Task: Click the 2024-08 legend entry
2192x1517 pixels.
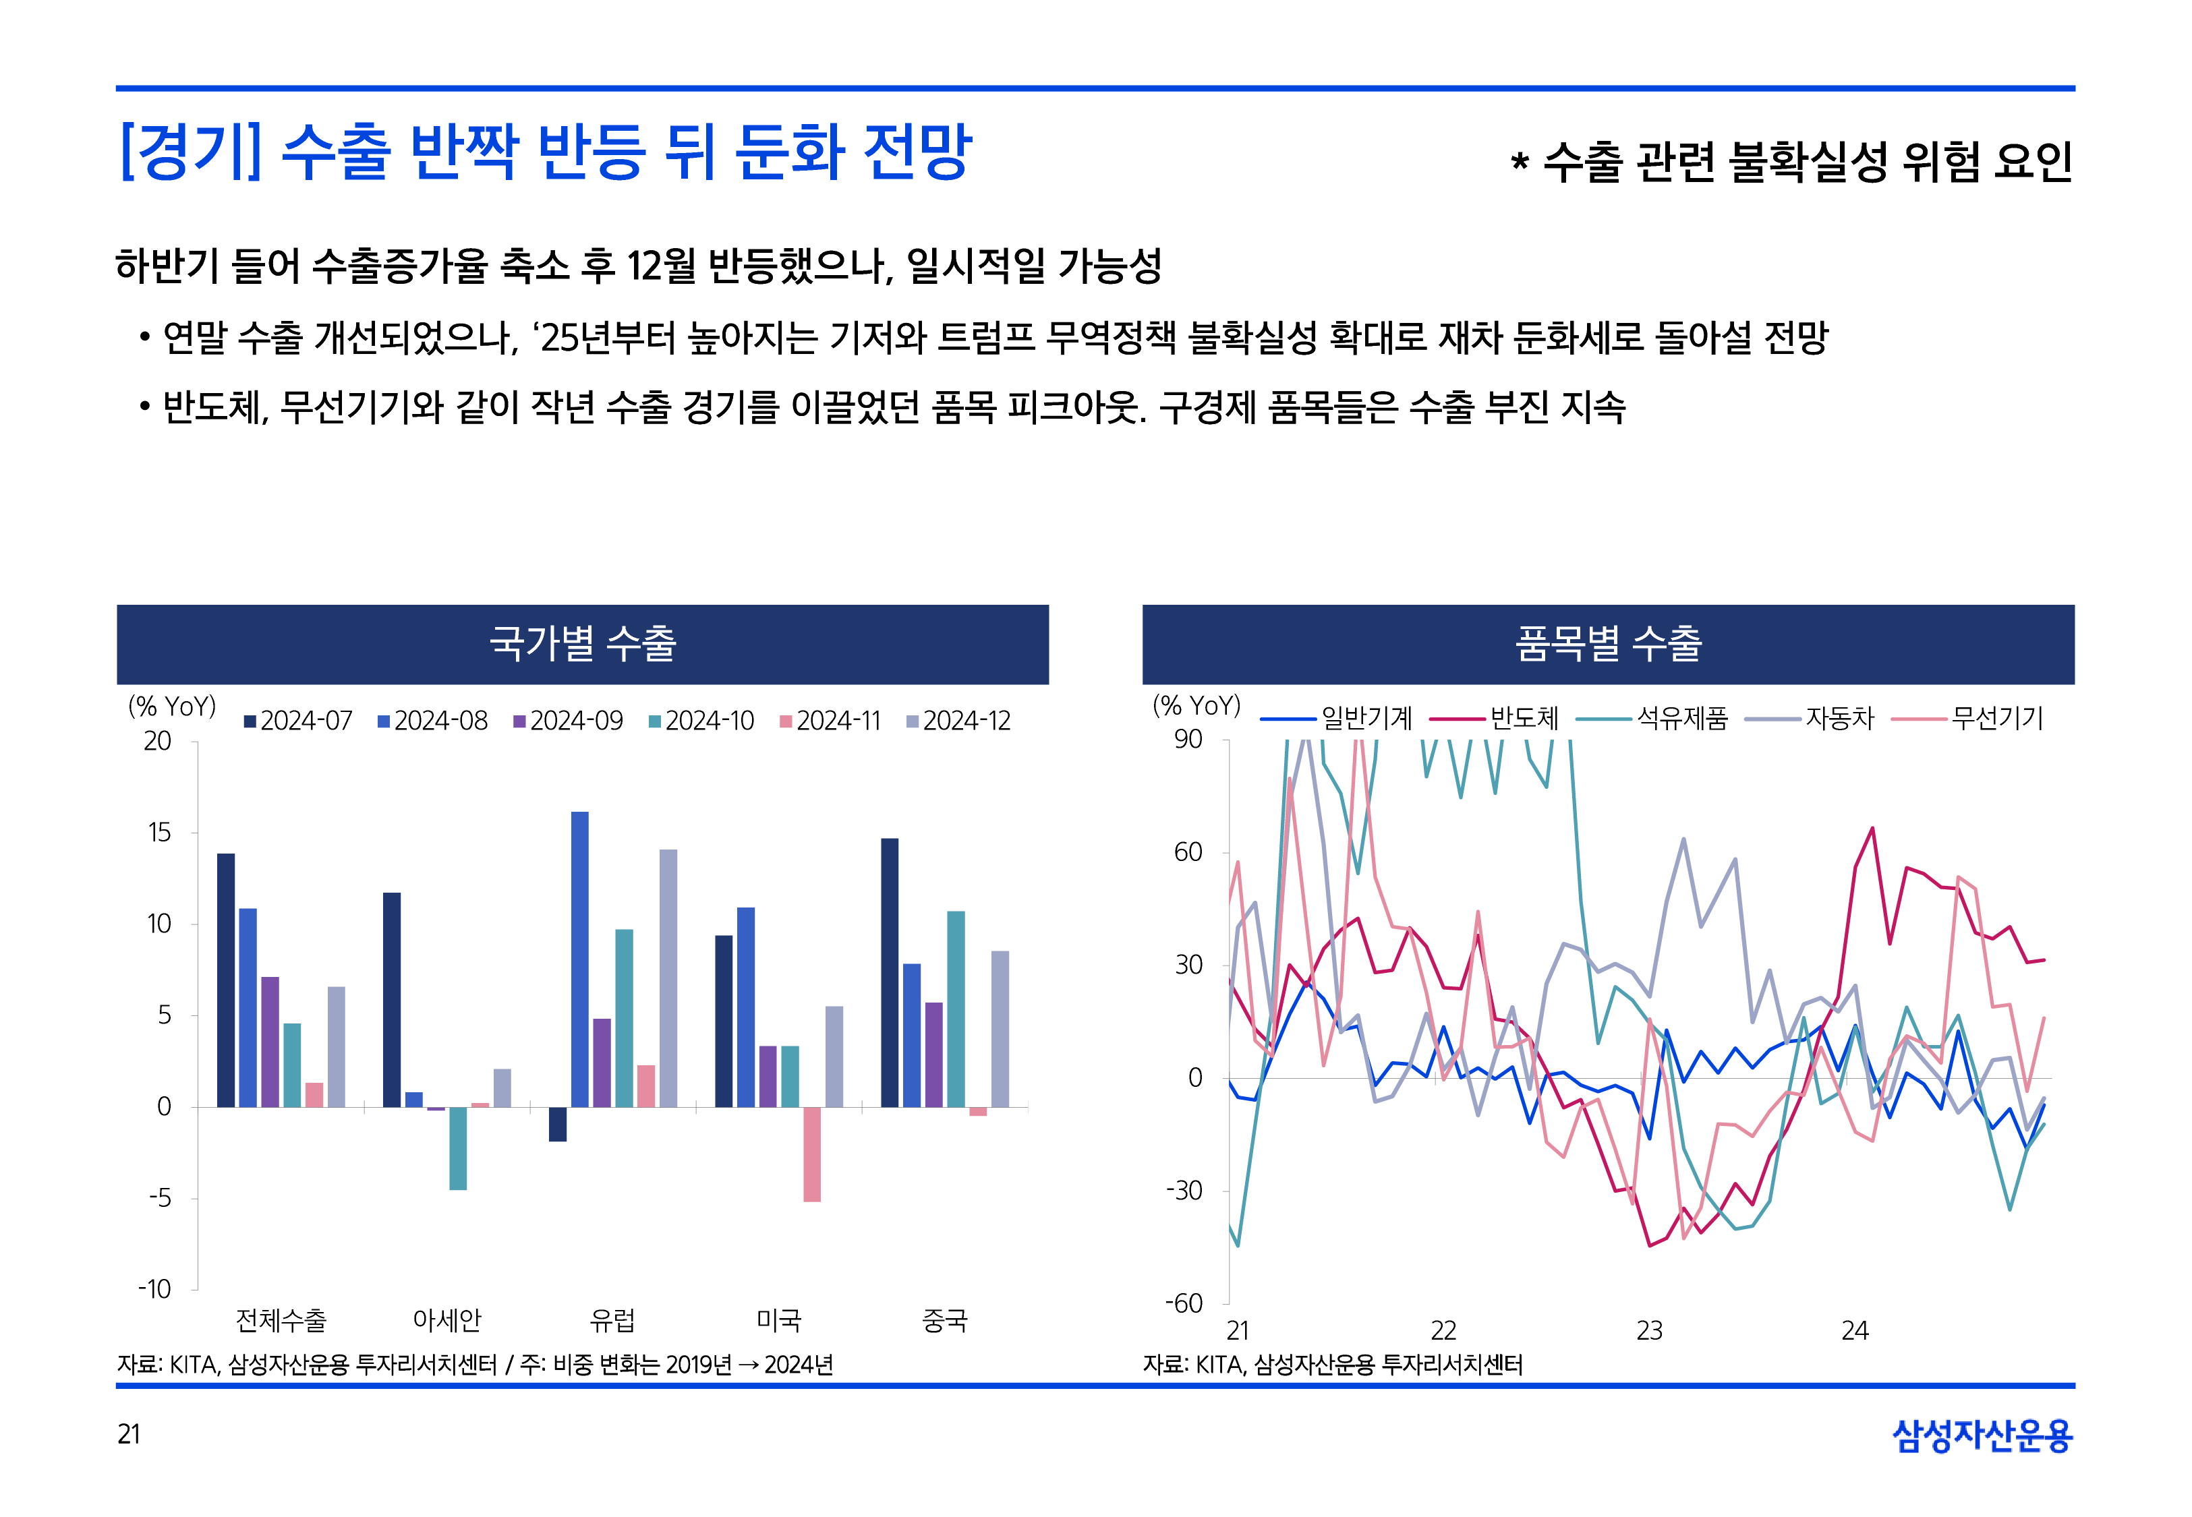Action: [x=432, y=721]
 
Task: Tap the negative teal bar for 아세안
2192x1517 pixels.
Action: [x=457, y=1148]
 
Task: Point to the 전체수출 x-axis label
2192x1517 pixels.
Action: [x=281, y=1319]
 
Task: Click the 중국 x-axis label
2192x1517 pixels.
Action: [x=944, y=1319]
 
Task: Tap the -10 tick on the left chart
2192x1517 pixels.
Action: [x=155, y=1289]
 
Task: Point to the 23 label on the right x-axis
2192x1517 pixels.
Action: [x=1648, y=1331]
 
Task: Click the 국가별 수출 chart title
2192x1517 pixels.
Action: [x=582, y=643]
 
